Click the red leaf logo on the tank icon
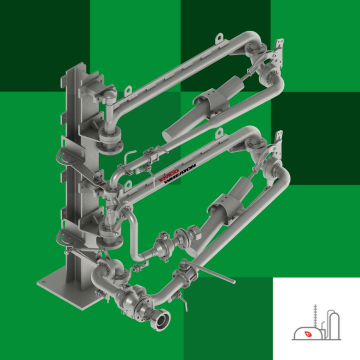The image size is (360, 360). pyautogui.click(x=311, y=334)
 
